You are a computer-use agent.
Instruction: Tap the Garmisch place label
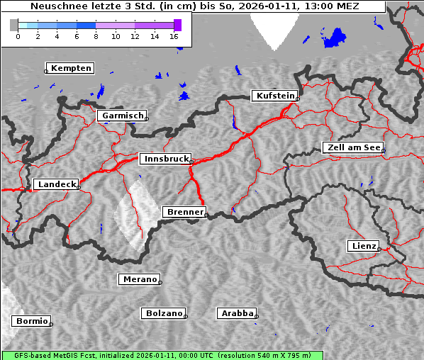123,116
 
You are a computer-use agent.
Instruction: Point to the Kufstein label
275,96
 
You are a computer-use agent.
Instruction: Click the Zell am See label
353,147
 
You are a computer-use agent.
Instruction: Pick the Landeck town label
57,184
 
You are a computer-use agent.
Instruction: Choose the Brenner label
184,212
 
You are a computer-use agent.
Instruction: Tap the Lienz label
364,246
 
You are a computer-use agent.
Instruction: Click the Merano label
140,279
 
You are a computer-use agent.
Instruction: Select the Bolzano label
164,313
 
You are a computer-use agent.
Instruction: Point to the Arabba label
237,313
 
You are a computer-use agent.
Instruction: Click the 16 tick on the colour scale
174,35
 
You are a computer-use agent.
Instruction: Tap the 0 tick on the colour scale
18,35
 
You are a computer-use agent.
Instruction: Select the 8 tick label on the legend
96,35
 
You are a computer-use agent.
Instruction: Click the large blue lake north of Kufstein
334,39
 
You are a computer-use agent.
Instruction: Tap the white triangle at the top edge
277,28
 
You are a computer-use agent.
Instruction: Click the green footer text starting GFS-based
162,355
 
